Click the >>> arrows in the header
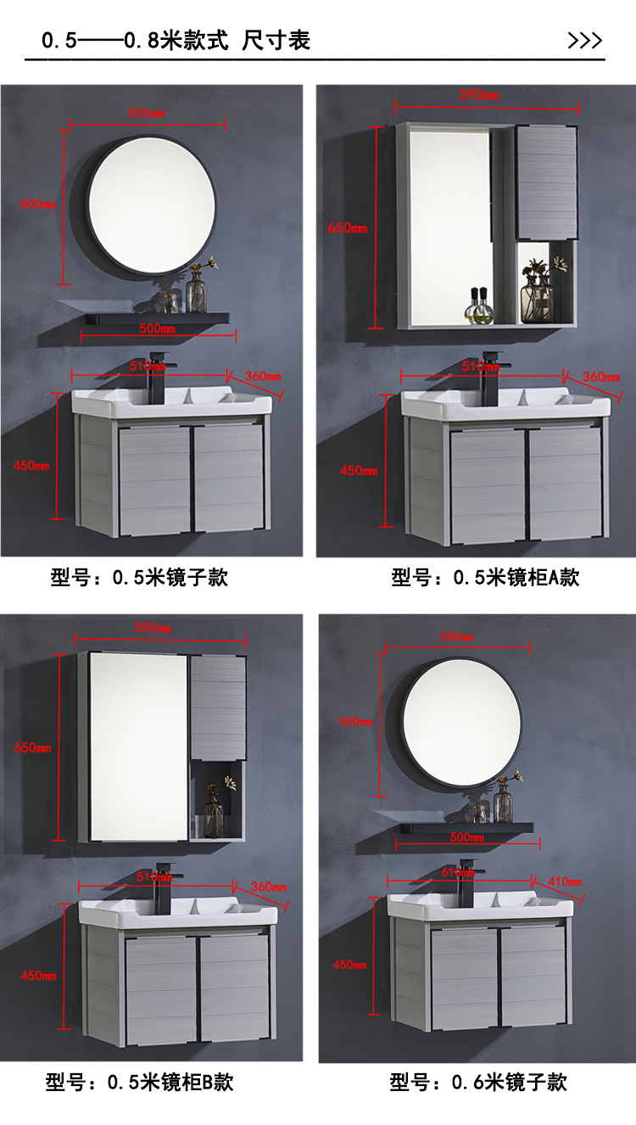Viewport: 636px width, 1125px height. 584,41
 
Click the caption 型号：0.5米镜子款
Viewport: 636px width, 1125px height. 139,579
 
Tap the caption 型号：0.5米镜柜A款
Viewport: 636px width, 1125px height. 485,579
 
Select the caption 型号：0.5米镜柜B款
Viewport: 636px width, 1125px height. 139,1083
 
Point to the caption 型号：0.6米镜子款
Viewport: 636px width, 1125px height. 478,1083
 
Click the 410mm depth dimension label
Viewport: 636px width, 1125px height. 565,882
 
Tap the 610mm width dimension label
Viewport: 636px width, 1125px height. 459,871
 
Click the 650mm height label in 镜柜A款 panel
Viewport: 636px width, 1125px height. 348,228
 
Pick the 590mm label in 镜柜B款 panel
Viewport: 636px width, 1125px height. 153,628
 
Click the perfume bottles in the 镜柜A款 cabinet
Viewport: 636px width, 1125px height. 480,305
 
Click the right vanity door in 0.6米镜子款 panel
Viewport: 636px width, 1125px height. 532,977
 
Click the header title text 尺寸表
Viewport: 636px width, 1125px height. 276,41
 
